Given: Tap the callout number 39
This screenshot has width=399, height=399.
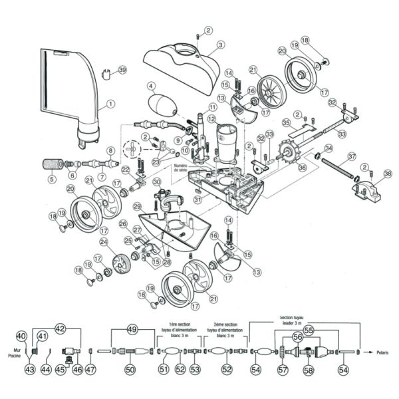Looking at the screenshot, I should tap(122, 70).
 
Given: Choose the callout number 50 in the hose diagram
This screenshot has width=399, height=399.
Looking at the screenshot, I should tap(130, 369).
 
